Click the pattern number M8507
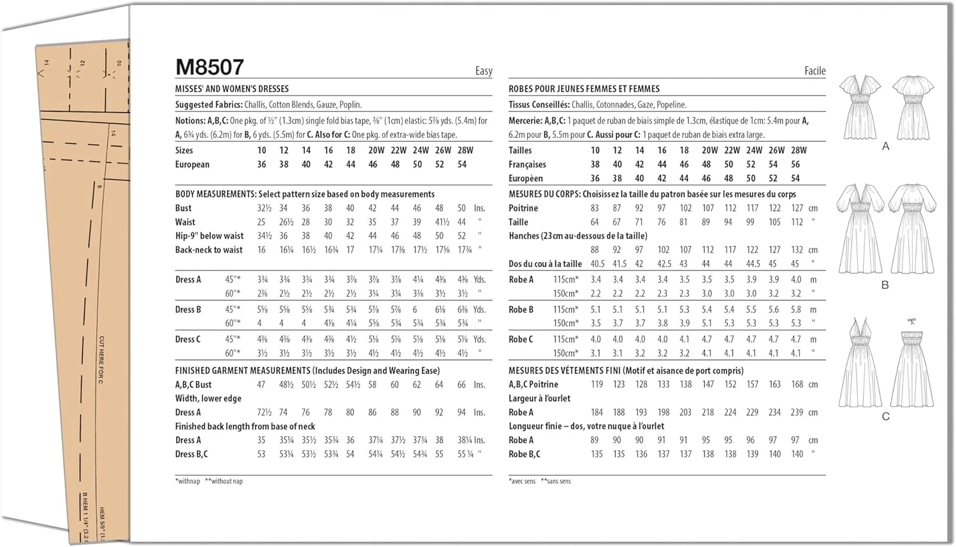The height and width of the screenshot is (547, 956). (209, 67)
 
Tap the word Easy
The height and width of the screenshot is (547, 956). (484, 71)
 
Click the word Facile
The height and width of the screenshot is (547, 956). (815, 71)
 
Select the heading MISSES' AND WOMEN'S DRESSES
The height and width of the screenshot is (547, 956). (232, 89)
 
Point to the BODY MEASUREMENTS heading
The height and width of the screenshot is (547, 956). (216, 194)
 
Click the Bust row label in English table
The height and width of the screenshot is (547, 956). (184, 208)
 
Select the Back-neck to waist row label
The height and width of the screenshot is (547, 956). (209, 250)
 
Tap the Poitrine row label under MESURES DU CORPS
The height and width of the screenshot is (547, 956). (523, 208)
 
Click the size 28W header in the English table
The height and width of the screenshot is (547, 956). (465, 150)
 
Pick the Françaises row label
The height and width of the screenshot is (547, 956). (527, 164)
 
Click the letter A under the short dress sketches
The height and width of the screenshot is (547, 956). (885, 147)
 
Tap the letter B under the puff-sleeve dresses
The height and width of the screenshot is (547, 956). (885, 285)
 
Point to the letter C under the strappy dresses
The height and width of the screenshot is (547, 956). (885, 416)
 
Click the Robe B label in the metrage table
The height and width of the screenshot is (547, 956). (521, 310)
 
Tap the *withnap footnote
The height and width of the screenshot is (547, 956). (187, 481)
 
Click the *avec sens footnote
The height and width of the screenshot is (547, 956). (522, 481)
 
